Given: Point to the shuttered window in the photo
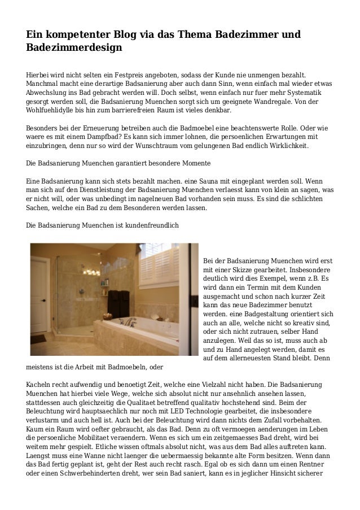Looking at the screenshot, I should (x=170, y=272).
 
